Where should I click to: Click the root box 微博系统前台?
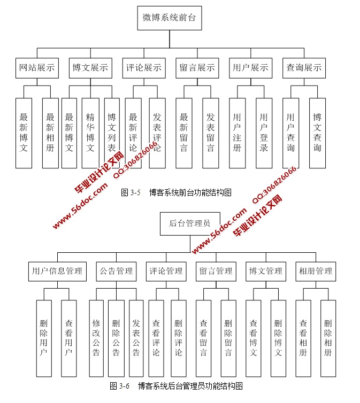[170, 18]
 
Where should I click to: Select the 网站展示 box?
[37, 68]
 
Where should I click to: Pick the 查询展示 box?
[304, 68]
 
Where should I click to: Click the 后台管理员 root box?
[189, 223]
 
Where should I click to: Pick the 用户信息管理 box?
[57, 272]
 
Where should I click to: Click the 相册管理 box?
[316, 272]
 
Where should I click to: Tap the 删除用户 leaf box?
[44, 338]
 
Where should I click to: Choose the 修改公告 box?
[96, 338]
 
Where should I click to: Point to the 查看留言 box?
[203, 338]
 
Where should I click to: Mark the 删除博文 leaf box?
[278, 338]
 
